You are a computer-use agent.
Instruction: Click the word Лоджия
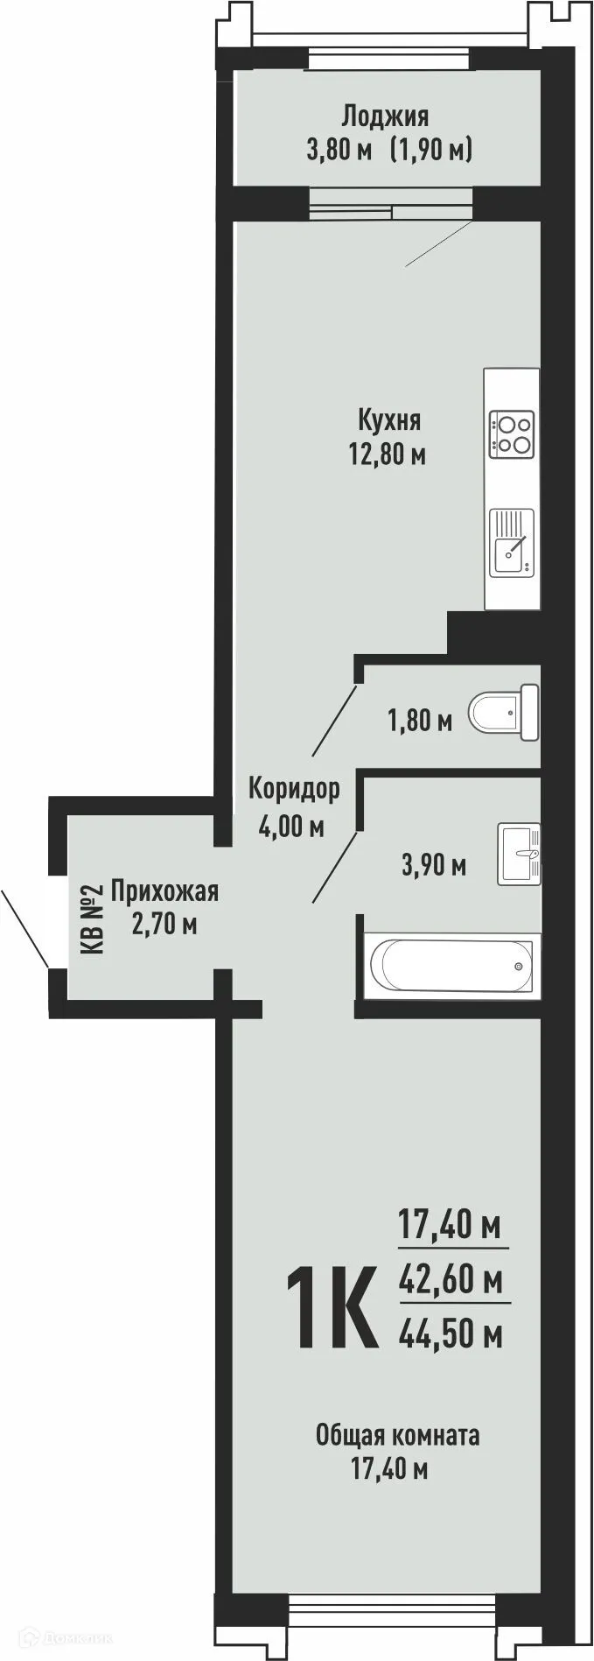coord(385,116)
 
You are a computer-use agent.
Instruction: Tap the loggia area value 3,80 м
coord(339,150)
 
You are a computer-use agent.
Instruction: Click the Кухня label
coord(389,420)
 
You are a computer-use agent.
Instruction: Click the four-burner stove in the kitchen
coord(513,433)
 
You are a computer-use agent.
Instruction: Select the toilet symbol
coord(504,712)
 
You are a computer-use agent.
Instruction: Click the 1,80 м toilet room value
coord(420,722)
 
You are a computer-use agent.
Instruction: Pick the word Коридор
coord(294,789)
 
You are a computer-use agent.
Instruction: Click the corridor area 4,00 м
coord(291,825)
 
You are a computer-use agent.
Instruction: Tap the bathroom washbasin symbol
coord(520,853)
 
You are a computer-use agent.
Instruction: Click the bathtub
coord(451,966)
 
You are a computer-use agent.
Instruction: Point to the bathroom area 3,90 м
coord(433,866)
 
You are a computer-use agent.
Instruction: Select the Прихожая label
coord(164,892)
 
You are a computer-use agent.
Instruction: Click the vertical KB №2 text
coord(92,918)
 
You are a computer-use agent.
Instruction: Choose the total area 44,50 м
coord(451,1334)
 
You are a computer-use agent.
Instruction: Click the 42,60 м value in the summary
coord(451,1280)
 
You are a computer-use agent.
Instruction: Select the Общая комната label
coord(397,1436)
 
